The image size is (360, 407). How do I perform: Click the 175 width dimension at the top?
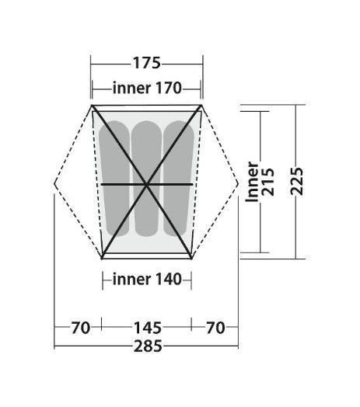[x=147, y=63]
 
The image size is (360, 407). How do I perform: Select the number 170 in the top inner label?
[x=168, y=88]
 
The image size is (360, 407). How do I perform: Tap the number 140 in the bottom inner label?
[x=168, y=280]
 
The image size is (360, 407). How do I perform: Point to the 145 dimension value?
[x=148, y=328]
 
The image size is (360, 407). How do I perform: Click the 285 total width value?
[x=148, y=346]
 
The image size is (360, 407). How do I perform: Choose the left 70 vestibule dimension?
[x=81, y=328]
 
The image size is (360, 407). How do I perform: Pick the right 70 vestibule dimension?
[x=215, y=328]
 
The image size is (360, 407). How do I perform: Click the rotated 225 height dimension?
[x=297, y=181]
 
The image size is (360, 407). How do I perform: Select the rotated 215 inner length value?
[x=267, y=182]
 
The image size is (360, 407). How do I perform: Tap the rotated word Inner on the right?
[x=252, y=182]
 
